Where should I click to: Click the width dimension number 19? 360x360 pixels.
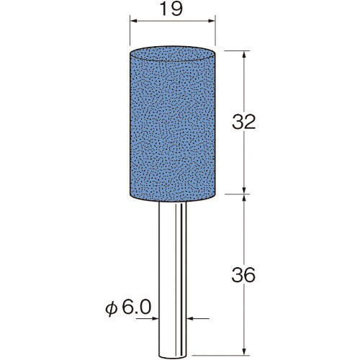[171, 9]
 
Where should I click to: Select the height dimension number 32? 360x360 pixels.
[243, 122]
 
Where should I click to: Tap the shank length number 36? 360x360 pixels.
[243, 275]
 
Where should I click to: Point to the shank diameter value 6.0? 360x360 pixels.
[137, 307]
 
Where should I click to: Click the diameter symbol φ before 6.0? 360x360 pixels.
[112, 310]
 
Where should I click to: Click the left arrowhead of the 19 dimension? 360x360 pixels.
[133, 21]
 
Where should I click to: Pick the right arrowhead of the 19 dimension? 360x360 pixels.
[211, 21]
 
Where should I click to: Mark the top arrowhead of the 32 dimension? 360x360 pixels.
[244, 55]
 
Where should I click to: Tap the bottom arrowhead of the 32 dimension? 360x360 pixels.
[244, 190]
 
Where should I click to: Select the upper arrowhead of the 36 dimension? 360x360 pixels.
[244, 199]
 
